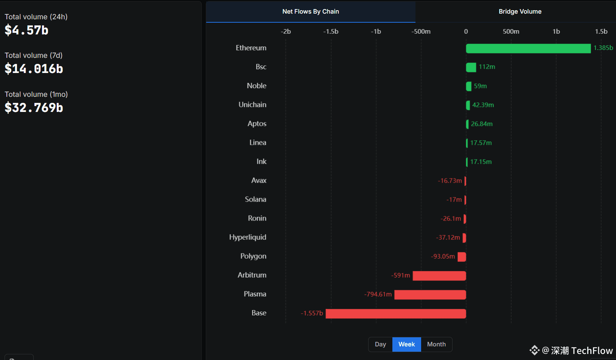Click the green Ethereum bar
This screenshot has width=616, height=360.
click(528, 48)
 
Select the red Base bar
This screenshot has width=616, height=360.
click(396, 313)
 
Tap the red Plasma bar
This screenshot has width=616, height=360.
click(430, 295)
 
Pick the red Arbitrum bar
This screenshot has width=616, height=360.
click(439, 276)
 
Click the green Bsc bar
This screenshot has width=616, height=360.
click(471, 67)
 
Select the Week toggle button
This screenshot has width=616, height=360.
click(406, 344)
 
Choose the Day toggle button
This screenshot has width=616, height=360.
click(380, 344)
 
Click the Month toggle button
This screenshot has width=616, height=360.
click(436, 344)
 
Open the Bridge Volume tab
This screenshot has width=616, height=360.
click(520, 12)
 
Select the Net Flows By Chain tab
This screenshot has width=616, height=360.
click(311, 12)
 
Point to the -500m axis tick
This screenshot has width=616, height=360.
click(421, 31)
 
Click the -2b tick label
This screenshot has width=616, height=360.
click(286, 31)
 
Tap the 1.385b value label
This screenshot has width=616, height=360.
click(603, 48)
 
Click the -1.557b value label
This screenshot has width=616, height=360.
click(312, 313)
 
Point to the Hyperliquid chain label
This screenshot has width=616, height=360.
click(247, 237)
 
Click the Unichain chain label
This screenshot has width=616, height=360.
click(252, 105)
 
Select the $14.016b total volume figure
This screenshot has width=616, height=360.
click(34, 69)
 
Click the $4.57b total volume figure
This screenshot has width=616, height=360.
click(26, 30)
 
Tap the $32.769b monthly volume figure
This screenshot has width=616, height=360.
click(34, 108)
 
